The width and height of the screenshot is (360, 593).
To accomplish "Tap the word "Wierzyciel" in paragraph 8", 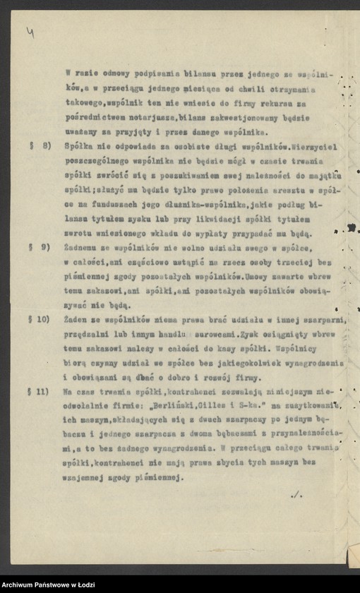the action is coord(311,145).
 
